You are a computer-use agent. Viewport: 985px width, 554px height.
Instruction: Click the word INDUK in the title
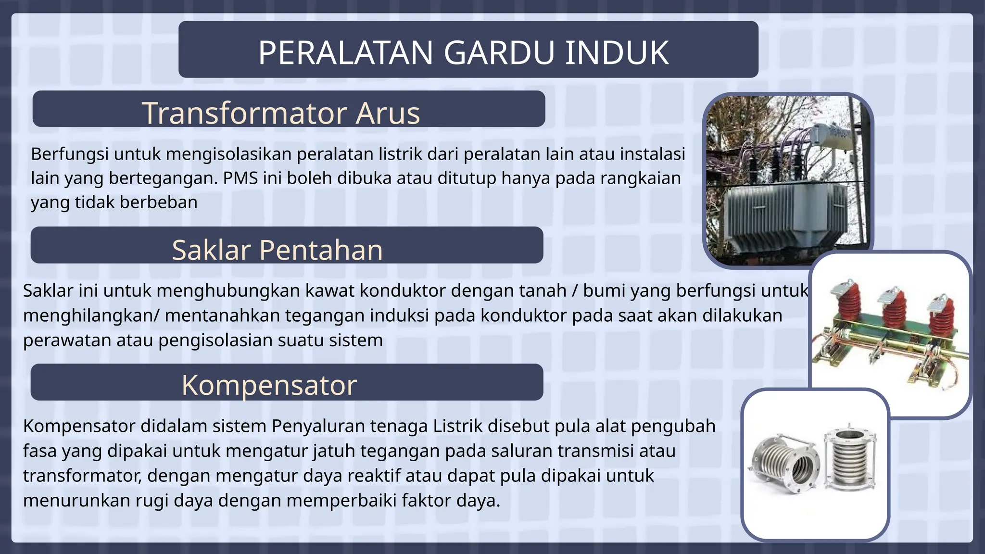pyautogui.click(x=617, y=52)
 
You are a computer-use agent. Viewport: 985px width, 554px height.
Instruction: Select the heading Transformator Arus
pyautogui.click(x=281, y=113)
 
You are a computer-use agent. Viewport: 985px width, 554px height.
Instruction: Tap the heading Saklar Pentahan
pyautogui.click(x=278, y=250)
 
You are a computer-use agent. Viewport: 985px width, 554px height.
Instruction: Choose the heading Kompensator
pyautogui.click(x=269, y=385)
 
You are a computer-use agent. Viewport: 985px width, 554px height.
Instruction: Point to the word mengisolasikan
pyautogui.click(x=229, y=154)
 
